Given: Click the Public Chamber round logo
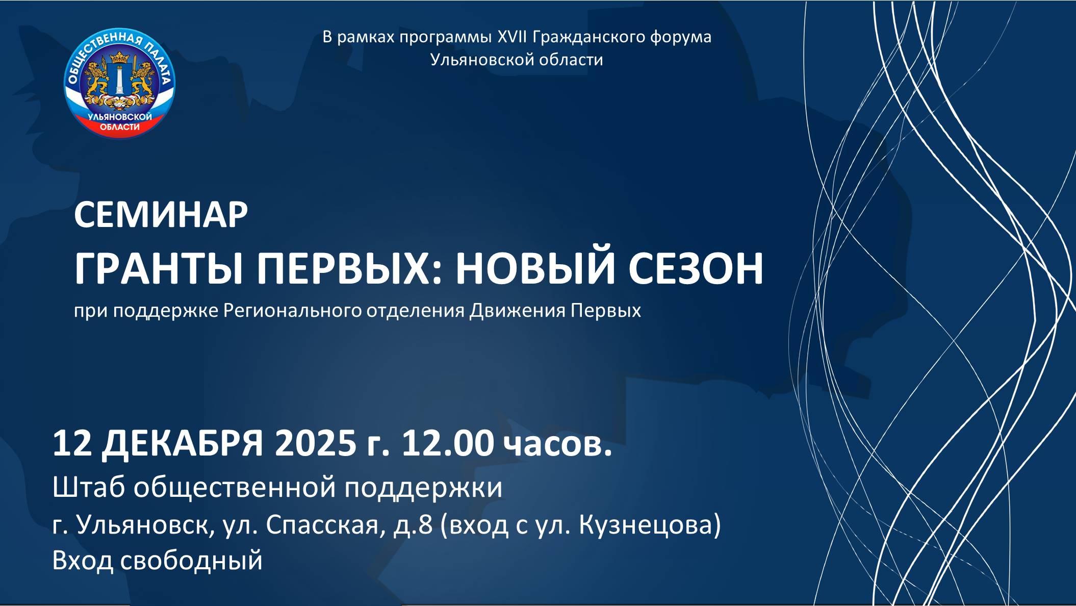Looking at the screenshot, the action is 119,83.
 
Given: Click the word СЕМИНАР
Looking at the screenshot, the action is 161,215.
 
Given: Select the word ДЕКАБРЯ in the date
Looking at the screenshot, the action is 182,443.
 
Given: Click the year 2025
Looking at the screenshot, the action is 315,443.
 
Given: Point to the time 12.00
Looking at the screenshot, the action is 448,443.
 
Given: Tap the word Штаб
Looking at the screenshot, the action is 89,487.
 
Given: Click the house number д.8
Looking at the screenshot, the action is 413,525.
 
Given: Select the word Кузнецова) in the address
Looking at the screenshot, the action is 650,525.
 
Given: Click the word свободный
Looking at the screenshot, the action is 191,560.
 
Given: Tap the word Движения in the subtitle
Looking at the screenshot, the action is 518,311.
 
